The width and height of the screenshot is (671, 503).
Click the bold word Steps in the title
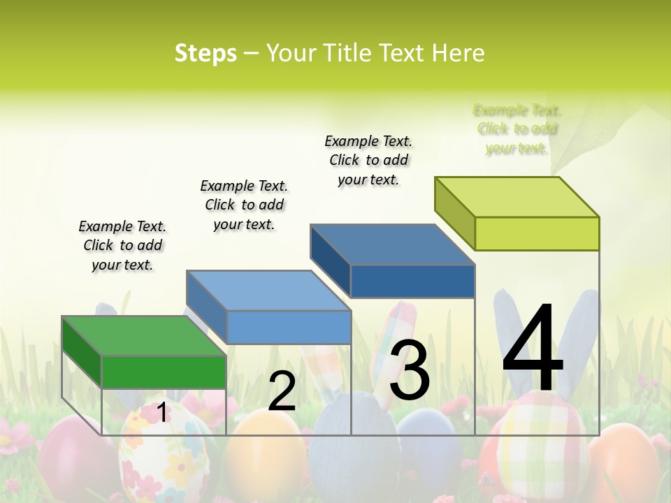pos(205,53)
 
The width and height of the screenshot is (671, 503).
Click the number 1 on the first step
pos(161,412)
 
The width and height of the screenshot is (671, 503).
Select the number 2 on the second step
pos(282,392)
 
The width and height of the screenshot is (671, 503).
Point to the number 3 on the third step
pos(409,370)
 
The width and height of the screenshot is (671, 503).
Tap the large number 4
pos(533,349)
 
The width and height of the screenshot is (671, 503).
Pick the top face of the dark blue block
pos(392,245)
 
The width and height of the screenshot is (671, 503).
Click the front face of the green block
pos(164,372)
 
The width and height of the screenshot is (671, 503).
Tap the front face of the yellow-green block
pos(537,233)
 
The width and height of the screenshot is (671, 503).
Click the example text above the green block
pos(122,246)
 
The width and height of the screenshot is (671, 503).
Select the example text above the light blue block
pos(244,205)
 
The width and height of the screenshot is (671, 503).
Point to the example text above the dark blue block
pos(368,160)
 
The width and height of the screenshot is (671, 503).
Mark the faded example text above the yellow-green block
pos(517,129)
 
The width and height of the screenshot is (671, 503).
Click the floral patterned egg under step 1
pos(157,454)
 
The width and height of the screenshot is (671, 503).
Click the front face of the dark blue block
pos(412,282)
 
